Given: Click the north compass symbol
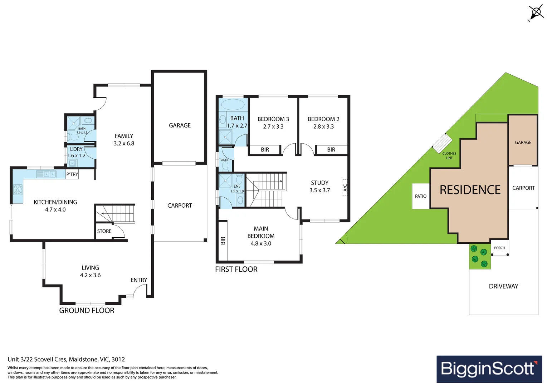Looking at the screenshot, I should pos(536,13).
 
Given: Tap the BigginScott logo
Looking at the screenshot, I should pos(489,369).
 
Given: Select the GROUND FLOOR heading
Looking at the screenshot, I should pos(87,311).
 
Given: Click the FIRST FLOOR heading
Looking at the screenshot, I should pos(236,269).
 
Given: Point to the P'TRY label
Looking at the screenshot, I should pos(72,174).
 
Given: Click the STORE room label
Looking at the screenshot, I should pos(104,231).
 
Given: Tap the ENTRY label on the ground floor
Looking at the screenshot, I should pos(139,280).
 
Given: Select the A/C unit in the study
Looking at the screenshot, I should pos(345,187).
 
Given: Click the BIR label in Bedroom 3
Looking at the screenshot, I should pos(265,150).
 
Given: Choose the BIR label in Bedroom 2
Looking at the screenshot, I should pos(331,150).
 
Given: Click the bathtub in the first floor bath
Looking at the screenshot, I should pos(233,105).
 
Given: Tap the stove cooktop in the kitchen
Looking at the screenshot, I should pos(18,189).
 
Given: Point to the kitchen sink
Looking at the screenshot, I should pos(50,174).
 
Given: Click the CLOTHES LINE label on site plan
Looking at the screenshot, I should pos(449,155).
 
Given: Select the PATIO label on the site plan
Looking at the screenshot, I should pos(420,196).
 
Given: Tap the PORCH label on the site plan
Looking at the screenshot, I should pos(499,248).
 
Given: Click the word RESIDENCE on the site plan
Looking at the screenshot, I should pos(470,190).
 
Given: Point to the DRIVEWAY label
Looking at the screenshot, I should pos(503,286).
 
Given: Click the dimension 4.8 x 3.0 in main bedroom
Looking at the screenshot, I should pos(261,243).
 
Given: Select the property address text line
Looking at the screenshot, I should pos(66,359).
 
